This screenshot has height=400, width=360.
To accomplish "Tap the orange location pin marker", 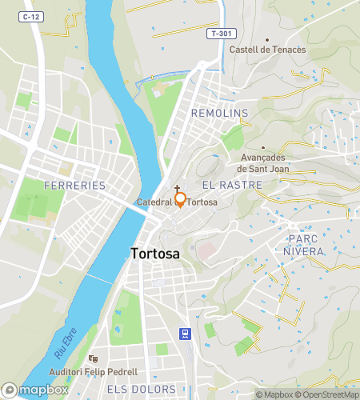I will click(x=181, y=200).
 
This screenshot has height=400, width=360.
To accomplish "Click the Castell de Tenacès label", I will click(x=267, y=50).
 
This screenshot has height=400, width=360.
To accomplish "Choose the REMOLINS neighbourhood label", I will click(x=220, y=114).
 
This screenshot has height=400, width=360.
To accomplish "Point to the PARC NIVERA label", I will click(x=302, y=245).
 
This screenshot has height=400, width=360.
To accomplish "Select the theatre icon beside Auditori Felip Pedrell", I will click(x=93, y=359).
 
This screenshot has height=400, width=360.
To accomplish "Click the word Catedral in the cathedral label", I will click(x=154, y=202).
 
